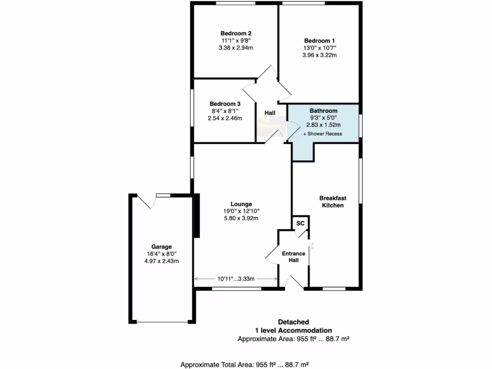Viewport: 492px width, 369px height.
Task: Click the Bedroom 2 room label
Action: coord(236,33)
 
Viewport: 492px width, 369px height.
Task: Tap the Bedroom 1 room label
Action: coord(320,41)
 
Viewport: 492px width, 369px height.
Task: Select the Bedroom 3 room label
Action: coord(225,104)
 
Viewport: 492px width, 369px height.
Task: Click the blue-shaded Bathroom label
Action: coord(323,111)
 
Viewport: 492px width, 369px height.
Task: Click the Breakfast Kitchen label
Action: coord(332,201)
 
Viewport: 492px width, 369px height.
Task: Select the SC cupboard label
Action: coord(300,223)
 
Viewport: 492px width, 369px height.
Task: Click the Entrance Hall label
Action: coord(294,257)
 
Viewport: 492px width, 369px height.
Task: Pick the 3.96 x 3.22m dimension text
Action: coord(320,55)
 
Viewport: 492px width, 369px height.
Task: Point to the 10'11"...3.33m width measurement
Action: coord(235,279)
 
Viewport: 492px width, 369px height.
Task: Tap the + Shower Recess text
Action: coord(322,134)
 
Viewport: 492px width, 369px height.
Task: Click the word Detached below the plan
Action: coord(293,322)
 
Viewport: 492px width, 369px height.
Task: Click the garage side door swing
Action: coord(147,201)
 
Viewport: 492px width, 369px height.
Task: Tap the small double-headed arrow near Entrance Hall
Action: coord(312,246)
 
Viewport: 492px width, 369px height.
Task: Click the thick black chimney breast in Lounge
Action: coord(197,216)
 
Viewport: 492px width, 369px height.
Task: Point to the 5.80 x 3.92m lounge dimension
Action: coord(242,218)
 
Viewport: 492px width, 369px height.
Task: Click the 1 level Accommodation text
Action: coord(293,330)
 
